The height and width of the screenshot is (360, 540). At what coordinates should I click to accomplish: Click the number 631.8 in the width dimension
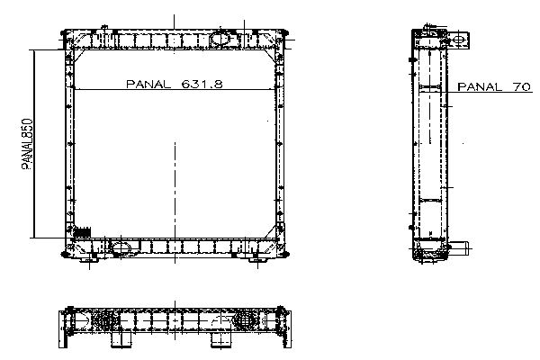pyautogui.click(x=202, y=84)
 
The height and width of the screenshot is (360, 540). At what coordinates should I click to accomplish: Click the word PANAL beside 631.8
pyautogui.click(x=148, y=84)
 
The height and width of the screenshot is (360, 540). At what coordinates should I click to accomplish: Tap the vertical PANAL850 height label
pyautogui.click(x=27, y=144)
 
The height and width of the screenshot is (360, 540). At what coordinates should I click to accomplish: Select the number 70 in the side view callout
pyautogui.click(x=522, y=86)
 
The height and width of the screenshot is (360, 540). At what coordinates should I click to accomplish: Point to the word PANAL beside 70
pyautogui.click(x=480, y=86)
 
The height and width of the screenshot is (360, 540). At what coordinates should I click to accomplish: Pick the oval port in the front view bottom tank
pyautogui.click(x=121, y=247)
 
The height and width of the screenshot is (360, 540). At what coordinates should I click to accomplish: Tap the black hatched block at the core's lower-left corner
pyautogui.click(x=82, y=232)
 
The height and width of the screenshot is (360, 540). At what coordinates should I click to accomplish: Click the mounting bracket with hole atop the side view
pyautogui.click(x=458, y=40)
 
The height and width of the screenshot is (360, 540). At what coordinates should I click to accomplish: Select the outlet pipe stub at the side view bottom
pyautogui.click(x=460, y=248)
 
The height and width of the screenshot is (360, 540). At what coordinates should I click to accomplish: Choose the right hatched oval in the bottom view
pyautogui.click(x=245, y=321)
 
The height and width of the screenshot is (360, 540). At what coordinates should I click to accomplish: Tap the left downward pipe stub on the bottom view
pyautogui.click(x=121, y=340)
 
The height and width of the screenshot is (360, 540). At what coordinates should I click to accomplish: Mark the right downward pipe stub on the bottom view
pyautogui.click(x=221, y=340)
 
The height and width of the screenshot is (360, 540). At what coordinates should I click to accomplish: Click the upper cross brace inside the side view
pyautogui.click(x=430, y=86)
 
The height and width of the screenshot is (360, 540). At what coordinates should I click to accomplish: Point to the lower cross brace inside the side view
pyautogui.click(x=430, y=200)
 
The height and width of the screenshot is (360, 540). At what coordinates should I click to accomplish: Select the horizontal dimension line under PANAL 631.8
pyautogui.click(x=175, y=90)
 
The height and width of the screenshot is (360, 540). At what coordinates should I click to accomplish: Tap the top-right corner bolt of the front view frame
pyautogui.click(x=285, y=33)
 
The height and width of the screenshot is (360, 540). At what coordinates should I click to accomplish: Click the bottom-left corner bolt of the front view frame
pyautogui.click(x=64, y=255)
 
